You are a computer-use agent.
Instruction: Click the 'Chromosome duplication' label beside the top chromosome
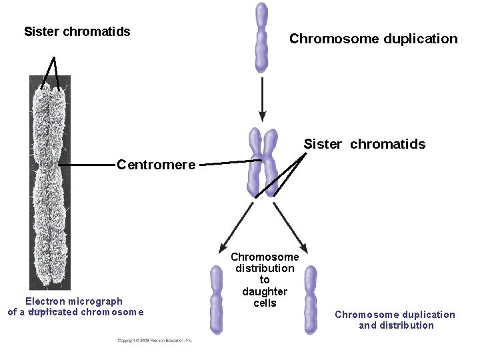tap(373, 39)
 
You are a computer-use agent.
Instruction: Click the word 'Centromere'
tap(156, 164)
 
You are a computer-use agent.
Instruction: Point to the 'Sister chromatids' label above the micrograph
tap(77, 31)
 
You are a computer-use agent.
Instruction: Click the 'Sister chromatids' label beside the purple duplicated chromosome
tap(364, 144)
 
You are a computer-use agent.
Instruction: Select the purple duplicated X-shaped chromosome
tap(262, 163)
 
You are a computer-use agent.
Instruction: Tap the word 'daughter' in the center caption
tap(265, 291)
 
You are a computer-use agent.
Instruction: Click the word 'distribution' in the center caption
tap(265, 268)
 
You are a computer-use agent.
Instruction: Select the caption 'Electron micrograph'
tap(74, 301)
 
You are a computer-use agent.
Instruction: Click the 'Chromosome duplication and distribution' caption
tap(395, 320)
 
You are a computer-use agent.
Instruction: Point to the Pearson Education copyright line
tap(155, 340)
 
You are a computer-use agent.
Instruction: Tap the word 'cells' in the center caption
tap(265, 303)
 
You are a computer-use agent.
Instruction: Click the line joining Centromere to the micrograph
tap(87, 164)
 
